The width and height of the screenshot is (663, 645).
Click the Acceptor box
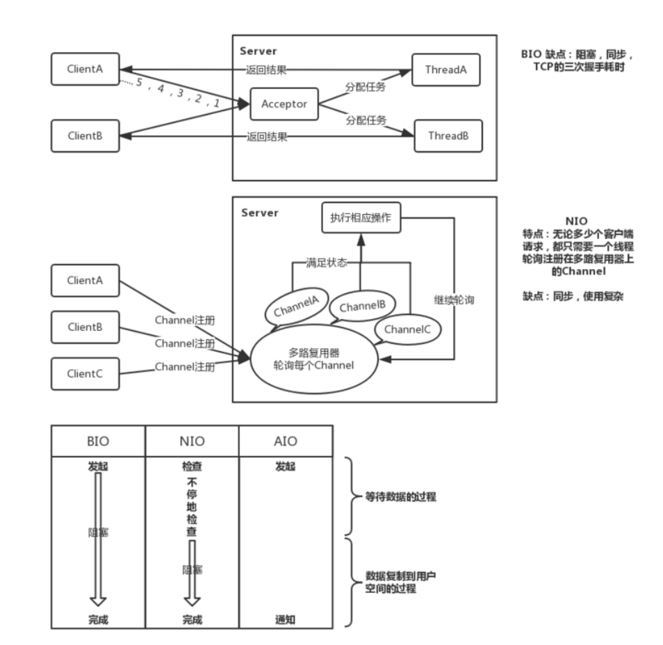[284, 104]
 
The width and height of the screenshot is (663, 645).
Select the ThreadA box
[445, 70]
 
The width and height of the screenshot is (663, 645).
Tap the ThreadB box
[448, 136]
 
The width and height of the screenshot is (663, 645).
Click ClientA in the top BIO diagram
[85, 69]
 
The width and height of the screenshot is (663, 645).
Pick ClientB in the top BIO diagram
[85, 136]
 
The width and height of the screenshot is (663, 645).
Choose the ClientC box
[85, 374]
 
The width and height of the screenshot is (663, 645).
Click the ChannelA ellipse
[297, 306]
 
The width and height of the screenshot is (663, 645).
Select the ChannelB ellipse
[362, 306]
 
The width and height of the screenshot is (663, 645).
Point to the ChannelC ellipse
[408, 329]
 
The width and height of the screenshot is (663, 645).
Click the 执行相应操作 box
[361, 218]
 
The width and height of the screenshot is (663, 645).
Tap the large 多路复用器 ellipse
[314, 359]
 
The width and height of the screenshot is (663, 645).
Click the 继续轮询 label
[454, 300]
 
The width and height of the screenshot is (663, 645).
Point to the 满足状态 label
[327, 263]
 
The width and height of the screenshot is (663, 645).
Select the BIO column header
[98, 441]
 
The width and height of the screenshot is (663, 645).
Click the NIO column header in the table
[192, 441]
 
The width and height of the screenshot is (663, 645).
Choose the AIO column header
[286, 441]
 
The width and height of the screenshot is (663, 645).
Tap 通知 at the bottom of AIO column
[286, 619]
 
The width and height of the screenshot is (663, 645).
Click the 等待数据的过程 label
[400, 496]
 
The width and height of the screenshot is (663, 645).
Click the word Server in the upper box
[259, 51]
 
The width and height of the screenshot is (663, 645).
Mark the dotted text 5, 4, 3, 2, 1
[178, 92]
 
